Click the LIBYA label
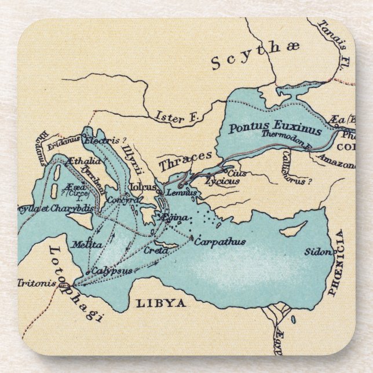160,303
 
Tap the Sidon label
318,252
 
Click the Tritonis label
36,283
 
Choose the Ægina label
173,217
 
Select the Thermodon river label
287,136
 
